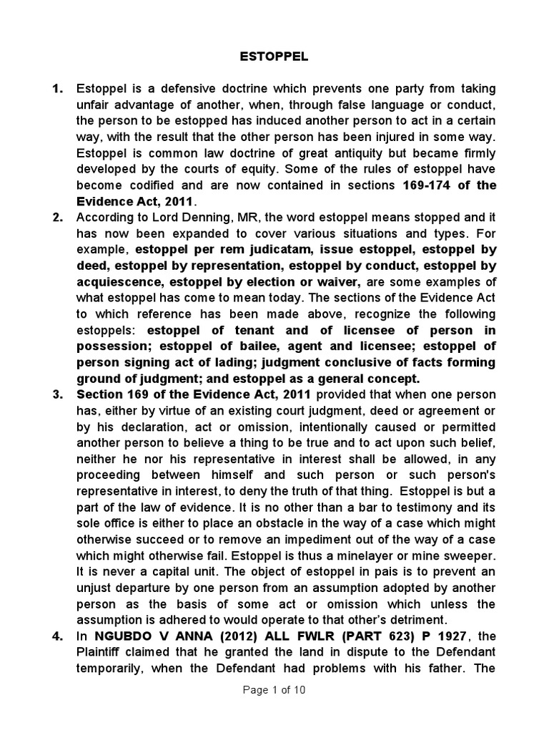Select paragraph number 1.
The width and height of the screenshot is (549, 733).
[58, 89]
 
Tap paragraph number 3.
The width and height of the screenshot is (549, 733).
[58, 394]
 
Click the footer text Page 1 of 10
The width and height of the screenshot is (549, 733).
[274, 691]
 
